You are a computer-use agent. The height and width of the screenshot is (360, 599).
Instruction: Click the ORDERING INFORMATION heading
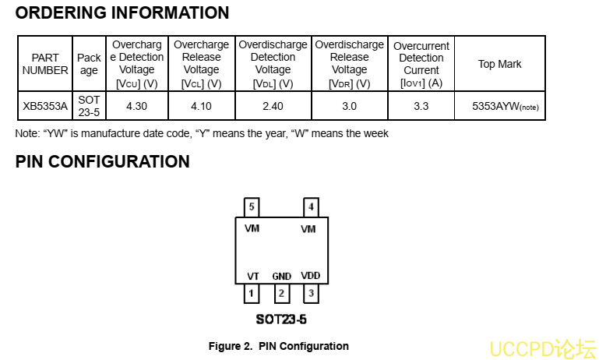(x=122, y=13)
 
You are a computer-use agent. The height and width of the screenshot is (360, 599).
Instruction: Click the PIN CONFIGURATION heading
(x=102, y=162)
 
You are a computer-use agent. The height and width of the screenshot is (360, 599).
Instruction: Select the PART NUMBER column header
(x=45, y=64)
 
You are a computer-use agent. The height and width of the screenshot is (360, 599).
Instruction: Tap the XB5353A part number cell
(x=45, y=106)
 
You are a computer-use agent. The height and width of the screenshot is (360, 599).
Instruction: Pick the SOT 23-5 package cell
(x=89, y=106)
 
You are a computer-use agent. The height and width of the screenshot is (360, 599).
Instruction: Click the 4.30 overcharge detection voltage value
(x=136, y=106)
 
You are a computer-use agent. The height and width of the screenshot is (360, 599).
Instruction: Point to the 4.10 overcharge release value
(x=201, y=106)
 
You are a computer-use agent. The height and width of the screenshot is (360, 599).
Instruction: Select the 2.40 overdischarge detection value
(x=273, y=106)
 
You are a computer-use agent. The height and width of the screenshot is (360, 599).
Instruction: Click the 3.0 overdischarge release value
(x=349, y=106)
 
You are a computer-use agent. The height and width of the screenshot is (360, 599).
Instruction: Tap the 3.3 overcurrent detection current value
(x=421, y=106)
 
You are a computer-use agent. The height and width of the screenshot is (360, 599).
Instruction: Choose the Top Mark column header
(x=499, y=64)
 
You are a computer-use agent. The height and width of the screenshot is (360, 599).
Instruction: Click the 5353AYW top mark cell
(x=505, y=106)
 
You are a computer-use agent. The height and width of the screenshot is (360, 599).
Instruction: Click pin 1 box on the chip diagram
(x=252, y=294)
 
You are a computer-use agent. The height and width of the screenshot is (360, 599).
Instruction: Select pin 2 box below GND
(x=282, y=294)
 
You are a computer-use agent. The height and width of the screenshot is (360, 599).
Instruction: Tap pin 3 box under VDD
(x=311, y=294)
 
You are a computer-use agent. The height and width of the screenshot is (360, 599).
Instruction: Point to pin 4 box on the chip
(x=311, y=207)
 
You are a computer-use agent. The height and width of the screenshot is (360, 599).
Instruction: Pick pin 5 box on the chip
(x=252, y=207)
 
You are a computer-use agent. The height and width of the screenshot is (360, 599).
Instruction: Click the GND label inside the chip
(x=282, y=277)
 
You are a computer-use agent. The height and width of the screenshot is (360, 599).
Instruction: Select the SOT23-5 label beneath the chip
(x=281, y=319)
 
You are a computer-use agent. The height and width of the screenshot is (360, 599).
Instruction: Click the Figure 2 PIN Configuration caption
(x=278, y=346)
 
